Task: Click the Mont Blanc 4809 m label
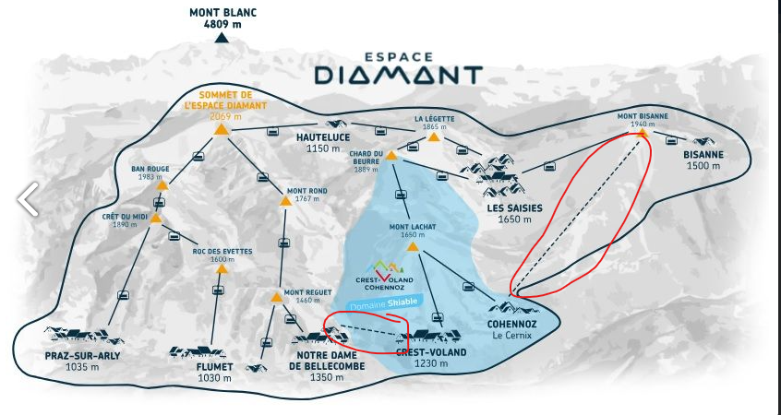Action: [222, 18]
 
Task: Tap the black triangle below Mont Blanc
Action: [222, 38]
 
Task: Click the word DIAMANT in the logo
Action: [397, 74]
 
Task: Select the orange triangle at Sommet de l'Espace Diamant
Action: [222, 129]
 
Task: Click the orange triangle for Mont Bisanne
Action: [642, 133]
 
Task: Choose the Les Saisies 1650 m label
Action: [515, 213]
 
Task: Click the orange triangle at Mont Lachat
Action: [413, 246]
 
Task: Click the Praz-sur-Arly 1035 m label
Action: [82, 361]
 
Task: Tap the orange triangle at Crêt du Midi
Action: [156, 219]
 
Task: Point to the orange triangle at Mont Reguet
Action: [276, 297]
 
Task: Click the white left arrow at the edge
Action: [28, 197]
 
